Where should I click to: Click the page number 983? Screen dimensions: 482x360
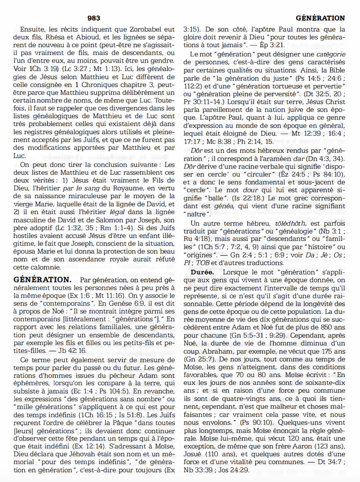(x=94, y=18)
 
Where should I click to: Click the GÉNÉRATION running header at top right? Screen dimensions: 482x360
(x=320, y=18)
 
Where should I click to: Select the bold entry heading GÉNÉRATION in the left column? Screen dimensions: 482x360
(x=42, y=280)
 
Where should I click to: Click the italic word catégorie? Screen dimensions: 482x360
(x=331, y=54)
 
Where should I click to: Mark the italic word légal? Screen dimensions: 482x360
(x=117, y=212)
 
